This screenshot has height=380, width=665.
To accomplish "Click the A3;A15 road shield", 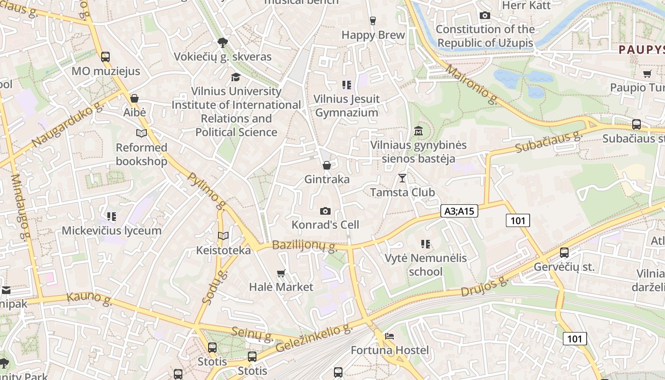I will pyautogui.click(x=459, y=211).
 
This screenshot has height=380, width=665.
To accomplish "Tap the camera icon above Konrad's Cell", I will pyautogui.click(x=325, y=211).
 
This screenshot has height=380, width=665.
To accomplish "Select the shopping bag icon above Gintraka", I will pyautogui.click(x=327, y=165).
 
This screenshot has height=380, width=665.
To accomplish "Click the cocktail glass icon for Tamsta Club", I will pyautogui.click(x=402, y=178).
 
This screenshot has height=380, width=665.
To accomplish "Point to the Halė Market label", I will pyautogui.click(x=281, y=287).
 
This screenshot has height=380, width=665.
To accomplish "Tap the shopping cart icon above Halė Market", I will pyautogui.click(x=281, y=273).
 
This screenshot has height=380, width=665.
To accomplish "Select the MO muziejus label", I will pyautogui.click(x=106, y=71).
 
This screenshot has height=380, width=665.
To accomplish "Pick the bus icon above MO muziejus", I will pyautogui.click(x=105, y=57).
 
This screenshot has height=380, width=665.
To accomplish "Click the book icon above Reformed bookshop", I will pyautogui.click(x=142, y=133).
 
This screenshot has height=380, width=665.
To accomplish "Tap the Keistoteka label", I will pyautogui.click(x=223, y=250).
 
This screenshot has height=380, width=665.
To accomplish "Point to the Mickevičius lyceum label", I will pyautogui.click(x=112, y=231).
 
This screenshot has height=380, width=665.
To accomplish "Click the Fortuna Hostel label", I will pyautogui.click(x=389, y=351).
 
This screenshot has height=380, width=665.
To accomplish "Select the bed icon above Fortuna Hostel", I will pyautogui.click(x=389, y=336).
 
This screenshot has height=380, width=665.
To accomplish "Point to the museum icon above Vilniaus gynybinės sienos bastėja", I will pyautogui.click(x=418, y=131).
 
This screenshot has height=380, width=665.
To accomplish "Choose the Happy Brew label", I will pyautogui.click(x=373, y=35).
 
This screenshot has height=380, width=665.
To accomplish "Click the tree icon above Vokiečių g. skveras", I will pyautogui.click(x=222, y=43).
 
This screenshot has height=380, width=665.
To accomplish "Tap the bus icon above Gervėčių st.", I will pyautogui.click(x=564, y=253).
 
